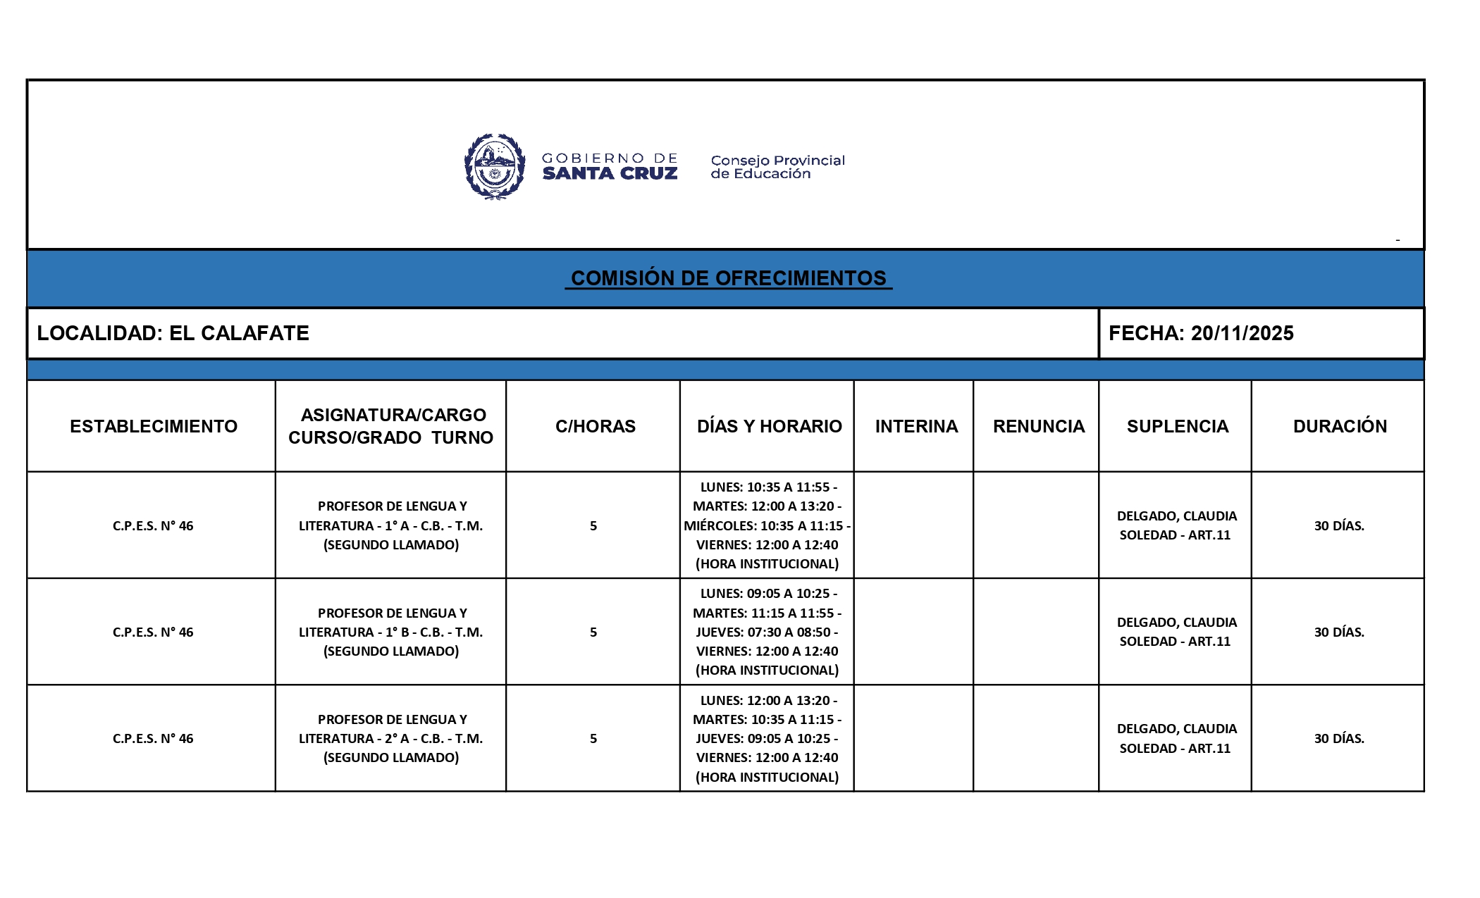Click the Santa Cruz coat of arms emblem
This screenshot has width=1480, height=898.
pyautogui.click(x=495, y=167)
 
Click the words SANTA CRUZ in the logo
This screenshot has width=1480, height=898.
pyautogui.click(x=610, y=173)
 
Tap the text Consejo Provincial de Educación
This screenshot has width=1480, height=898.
pyautogui.click(x=777, y=167)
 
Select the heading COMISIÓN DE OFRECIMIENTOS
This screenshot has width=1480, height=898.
pyautogui.click(x=728, y=278)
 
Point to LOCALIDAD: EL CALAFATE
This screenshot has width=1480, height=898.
pyautogui.click(x=173, y=333)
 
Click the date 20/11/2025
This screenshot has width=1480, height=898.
pyautogui.click(x=1242, y=333)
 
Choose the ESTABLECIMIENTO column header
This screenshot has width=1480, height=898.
pyautogui.click(x=153, y=426)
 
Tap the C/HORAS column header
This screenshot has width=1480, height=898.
pyautogui.click(x=595, y=426)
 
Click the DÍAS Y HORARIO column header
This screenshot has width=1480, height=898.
pyautogui.click(x=769, y=426)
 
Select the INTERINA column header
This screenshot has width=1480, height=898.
pyautogui.click(x=916, y=426)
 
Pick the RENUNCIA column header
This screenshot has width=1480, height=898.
pyautogui.click(x=1038, y=426)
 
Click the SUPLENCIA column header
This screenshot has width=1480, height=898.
pyautogui.click(x=1177, y=426)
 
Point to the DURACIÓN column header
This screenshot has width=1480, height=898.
pyautogui.click(x=1339, y=426)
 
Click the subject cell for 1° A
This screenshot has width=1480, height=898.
pyautogui.click(x=391, y=525)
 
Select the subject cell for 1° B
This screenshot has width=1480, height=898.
pyautogui.click(x=391, y=632)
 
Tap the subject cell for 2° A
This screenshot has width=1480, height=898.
pyautogui.click(x=391, y=738)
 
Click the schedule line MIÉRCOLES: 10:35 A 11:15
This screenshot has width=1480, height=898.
pyautogui.click(x=767, y=525)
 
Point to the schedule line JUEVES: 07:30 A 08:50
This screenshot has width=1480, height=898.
pyautogui.click(x=767, y=632)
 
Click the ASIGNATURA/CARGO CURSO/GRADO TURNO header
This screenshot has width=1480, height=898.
pyautogui.click(x=391, y=426)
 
